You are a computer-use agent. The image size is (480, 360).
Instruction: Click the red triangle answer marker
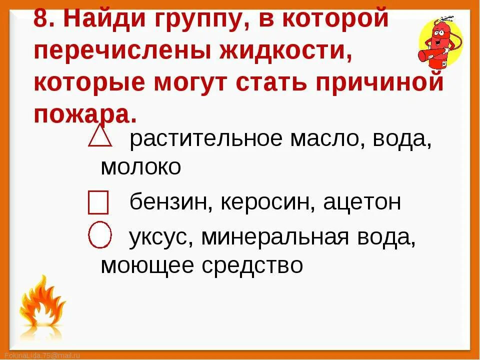[x=100, y=136]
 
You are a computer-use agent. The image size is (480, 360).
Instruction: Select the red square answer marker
[x=98, y=202]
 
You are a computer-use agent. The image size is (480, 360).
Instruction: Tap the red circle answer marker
[x=100, y=235]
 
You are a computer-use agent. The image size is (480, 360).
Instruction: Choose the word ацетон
[x=362, y=202]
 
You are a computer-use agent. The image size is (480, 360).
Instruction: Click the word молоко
[x=140, y=167]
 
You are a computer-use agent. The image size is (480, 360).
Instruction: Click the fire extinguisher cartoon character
[x=439, y=42]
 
